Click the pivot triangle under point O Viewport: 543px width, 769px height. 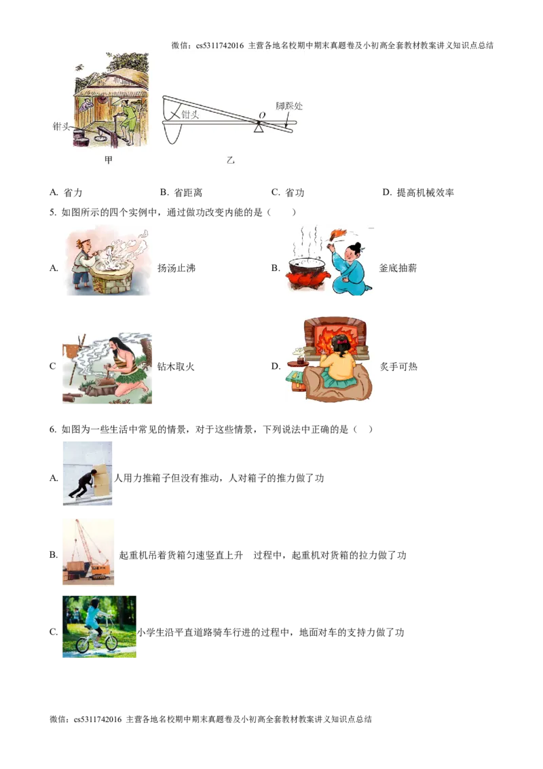[259, 128]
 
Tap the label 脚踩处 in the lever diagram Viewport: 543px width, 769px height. [288, 105]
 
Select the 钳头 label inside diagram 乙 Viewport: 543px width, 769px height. [190, 114]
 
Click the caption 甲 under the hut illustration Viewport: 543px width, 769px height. [109, 160]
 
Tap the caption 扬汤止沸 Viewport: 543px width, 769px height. [176, 268]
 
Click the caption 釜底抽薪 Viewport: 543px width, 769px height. [398, 268]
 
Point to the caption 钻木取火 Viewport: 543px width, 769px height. [176, 366]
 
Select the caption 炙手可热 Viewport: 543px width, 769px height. [399, 366]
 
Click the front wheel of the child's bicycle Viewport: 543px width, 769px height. [111, 641]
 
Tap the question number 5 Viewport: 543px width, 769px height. [53, 213]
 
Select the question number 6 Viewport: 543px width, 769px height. [53, 429]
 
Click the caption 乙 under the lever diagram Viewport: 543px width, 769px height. [230, 160]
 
